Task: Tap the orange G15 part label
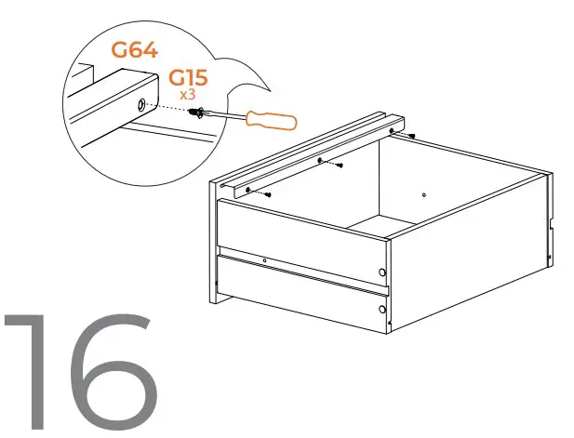(x=188, y=78)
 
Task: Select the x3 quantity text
(x=188, y=95)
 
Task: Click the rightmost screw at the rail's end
(x=410, y=137)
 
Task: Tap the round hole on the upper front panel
(x=383, y=272)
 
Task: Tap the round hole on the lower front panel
(x=383, y=306)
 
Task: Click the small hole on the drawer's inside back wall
(x=423, y=195)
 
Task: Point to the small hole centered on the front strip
(x=265, y=260)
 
